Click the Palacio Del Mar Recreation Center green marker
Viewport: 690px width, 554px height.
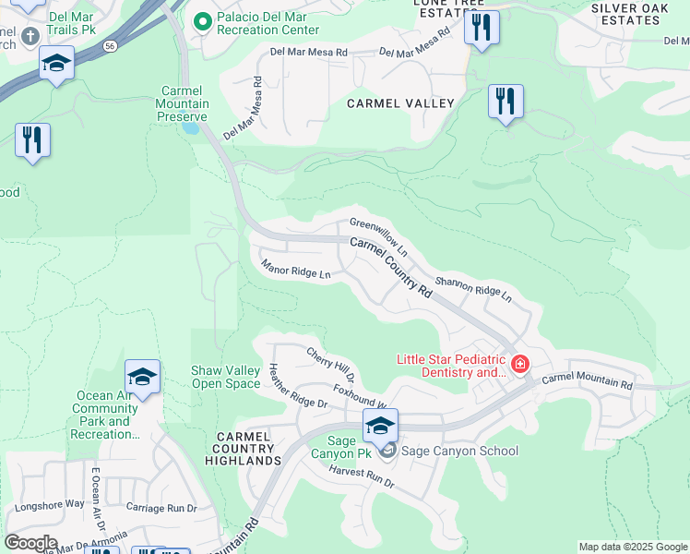201,19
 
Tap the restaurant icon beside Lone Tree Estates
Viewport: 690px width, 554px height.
482,27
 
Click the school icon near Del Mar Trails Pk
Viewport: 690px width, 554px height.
56,64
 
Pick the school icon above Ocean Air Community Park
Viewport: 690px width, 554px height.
142,377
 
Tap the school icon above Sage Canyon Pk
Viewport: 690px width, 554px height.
380,426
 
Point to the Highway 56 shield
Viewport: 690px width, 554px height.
111,44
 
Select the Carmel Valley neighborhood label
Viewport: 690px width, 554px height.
400,103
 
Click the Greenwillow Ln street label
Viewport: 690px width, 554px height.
379,236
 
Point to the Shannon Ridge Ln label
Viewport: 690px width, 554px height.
472,291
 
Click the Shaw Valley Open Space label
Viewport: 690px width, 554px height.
225,377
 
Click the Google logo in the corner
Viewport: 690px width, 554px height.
30,543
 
